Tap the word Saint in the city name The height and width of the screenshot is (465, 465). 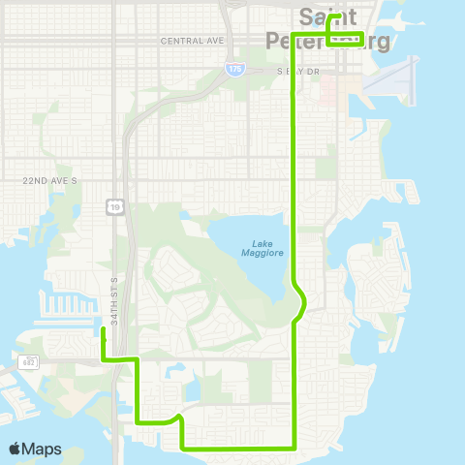coord(326,16)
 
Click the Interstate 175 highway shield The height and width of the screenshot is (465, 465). coord(232,69)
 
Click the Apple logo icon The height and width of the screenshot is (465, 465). coord(15,449)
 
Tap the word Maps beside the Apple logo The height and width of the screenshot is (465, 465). coord(42,449)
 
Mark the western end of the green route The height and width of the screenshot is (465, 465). coord(103,330)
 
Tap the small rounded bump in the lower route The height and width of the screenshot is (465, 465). coord(176,418)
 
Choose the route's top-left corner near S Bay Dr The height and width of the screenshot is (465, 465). coord(294,92)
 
